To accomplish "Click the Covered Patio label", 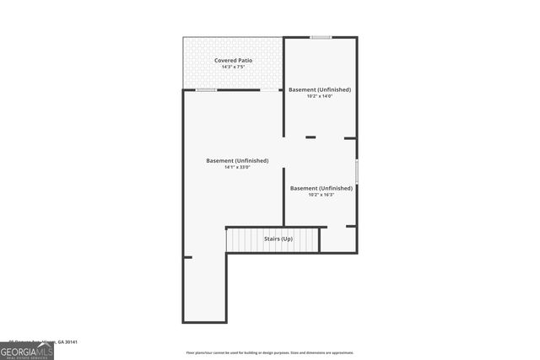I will (x=233, y=61).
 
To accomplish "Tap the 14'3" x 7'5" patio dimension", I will (x=233, y=67).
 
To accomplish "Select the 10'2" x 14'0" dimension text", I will (x=320, y=96).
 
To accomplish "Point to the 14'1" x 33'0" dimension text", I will (x=237, y=167).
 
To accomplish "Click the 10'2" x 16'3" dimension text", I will (x=321, y=195).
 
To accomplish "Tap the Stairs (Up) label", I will (x=278, y=239).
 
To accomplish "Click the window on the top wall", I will (x=320, y=37).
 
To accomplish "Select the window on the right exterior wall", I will (x=356, y=170).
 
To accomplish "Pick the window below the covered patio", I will (x=207, y=89).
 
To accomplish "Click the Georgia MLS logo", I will (x=27, y=352).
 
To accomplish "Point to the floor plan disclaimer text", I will (x=270, y=352).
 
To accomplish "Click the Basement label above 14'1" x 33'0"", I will (x=237, y=160).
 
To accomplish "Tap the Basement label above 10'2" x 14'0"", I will (x=320, y=89).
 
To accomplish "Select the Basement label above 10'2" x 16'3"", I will (x=321, y=188).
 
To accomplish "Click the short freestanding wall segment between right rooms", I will (x=310, y=137).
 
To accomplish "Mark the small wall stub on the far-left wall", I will (x=187, y=257).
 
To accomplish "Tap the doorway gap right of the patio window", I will (x=270, y=89).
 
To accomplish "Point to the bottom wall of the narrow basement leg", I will (x=204, y=321).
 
